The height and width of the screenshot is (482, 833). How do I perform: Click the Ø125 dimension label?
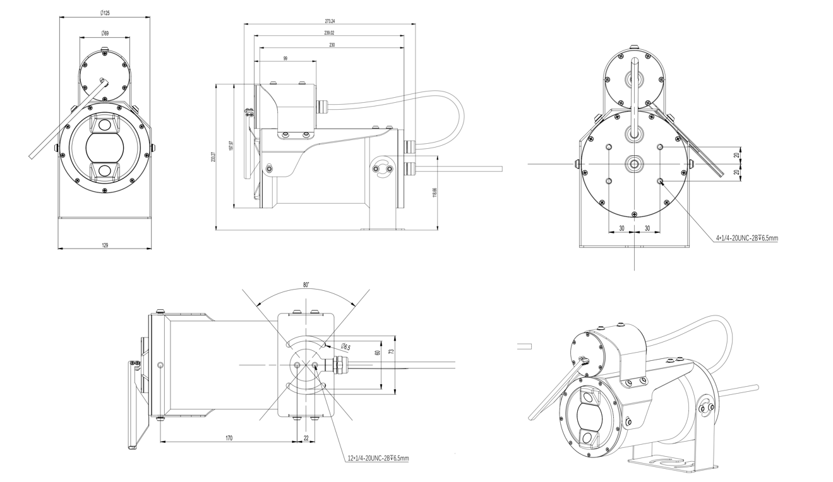105,13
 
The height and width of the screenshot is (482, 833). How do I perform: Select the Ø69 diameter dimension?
105,33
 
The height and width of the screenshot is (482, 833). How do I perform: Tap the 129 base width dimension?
105,245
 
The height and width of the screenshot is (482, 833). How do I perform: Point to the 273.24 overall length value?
330,21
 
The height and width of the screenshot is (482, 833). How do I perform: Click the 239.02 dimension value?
330,33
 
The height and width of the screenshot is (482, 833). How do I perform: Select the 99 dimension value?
285,58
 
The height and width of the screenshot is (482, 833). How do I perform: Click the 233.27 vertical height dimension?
213,157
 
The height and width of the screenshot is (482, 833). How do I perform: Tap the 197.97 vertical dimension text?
231,146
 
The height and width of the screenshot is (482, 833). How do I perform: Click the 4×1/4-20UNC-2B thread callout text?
747,238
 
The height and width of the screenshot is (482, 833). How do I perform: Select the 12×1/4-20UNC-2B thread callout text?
378,458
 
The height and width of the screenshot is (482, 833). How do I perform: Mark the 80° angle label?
306,285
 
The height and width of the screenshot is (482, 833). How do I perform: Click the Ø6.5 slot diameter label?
345,346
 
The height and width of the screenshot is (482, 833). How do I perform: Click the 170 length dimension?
229,437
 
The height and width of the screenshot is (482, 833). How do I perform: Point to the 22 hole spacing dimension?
306,437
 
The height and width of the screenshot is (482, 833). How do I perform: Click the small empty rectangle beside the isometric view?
524,346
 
